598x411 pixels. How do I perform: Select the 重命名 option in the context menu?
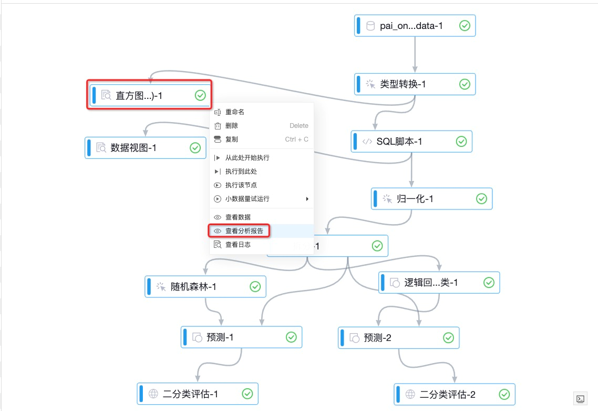click(x=235, y=112)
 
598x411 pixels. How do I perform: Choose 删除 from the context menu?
click(x=232, y=126)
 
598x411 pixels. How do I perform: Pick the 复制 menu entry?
click(x=232, y=139)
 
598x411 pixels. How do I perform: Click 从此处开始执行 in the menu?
click(x=247, y=158)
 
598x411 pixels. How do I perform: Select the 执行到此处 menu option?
click(x=241, y=172)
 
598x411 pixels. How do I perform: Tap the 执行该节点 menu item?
click(x=241, y=185)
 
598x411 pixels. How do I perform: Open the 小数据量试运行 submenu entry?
click(x=247, y=199)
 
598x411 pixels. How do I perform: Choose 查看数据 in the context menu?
click(x=238, y=217)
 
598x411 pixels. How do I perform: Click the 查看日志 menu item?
click(x=238, y=244)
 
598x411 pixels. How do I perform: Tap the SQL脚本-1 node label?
click(x=399, y=142)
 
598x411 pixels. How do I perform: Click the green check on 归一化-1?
click(x=481, y=199)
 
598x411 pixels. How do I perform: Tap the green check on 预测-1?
click(x=291, y=337)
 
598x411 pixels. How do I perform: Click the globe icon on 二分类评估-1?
click(x=153, y=394)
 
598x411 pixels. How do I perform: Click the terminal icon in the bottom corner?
click(x=580, y=398)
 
